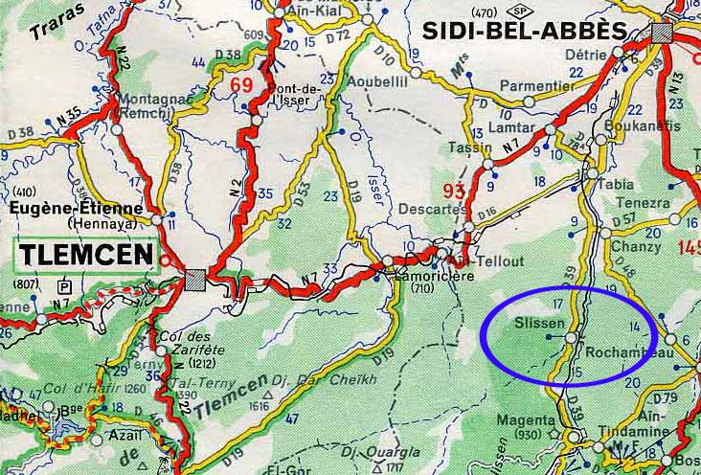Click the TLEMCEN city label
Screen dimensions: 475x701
point(84,255)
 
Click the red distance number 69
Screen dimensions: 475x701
point(240,85)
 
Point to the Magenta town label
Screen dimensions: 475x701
point(525,419)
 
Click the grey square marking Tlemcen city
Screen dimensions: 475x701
point(194,279)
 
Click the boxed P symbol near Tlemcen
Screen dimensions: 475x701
point(64,285)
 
